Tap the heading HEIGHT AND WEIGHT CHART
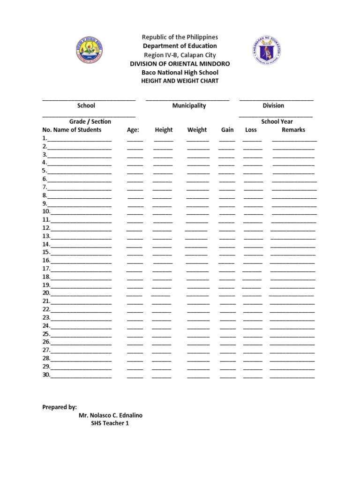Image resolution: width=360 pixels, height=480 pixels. (180, 81)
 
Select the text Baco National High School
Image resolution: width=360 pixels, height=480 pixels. (180, 73)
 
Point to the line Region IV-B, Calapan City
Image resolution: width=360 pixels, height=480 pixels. (180, 55)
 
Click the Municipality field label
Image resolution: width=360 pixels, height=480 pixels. (189, 106)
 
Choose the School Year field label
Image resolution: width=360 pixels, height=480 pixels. (277, 121)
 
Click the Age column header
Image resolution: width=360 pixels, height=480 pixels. (133, 130)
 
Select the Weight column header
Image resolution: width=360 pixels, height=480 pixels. (197, 130)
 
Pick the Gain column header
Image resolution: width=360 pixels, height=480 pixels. (227, 130)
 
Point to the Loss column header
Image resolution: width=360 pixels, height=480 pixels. (251, 130)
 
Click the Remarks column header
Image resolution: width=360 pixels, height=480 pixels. (293, 130)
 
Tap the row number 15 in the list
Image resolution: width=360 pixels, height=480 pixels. (46, 252)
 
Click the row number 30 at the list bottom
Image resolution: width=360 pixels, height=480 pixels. (46, 375)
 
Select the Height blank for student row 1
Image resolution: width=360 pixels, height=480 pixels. (163, 139)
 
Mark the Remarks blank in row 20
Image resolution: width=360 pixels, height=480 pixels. (291, 294)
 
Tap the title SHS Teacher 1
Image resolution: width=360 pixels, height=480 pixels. (110, 423)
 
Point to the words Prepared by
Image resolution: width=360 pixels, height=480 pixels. (60, 407)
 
